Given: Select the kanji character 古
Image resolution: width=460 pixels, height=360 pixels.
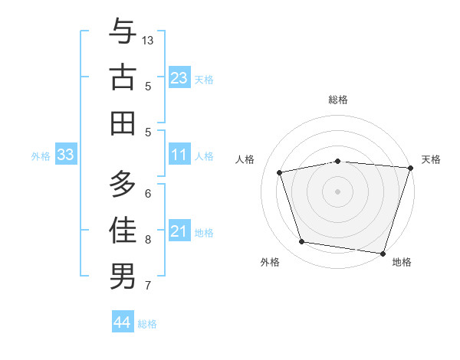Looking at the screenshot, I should tap(123, 78).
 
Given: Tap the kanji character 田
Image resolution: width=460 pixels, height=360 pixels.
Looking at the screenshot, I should tap(123, 123).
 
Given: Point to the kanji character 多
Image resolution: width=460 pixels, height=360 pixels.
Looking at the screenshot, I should tap(123, 184).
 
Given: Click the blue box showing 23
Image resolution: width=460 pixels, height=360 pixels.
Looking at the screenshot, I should tap(179, 77).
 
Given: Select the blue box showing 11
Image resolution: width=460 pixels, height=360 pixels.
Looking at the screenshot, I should tap(179, 155).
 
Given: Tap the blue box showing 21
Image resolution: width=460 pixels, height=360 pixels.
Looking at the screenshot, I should tap(179, 231).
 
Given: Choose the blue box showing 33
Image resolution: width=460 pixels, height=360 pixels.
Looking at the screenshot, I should tap(66, 155).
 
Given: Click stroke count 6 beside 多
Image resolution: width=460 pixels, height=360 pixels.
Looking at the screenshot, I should tap(148, 193).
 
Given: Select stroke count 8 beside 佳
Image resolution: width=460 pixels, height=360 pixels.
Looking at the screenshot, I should tap(148, 239).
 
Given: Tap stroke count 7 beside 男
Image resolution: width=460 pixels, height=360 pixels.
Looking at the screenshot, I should tap(148, 286).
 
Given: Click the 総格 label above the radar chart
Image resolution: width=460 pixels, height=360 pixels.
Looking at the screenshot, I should tap(337, 100).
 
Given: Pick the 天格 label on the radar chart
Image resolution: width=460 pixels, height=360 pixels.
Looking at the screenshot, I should tap(431, 159).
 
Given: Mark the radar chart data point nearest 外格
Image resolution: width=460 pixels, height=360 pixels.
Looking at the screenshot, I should tap(302, 242).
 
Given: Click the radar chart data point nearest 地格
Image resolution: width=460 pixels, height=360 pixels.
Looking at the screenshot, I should tap(383, 253).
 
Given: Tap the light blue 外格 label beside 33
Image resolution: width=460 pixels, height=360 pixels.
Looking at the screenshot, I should tap(41, 156).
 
